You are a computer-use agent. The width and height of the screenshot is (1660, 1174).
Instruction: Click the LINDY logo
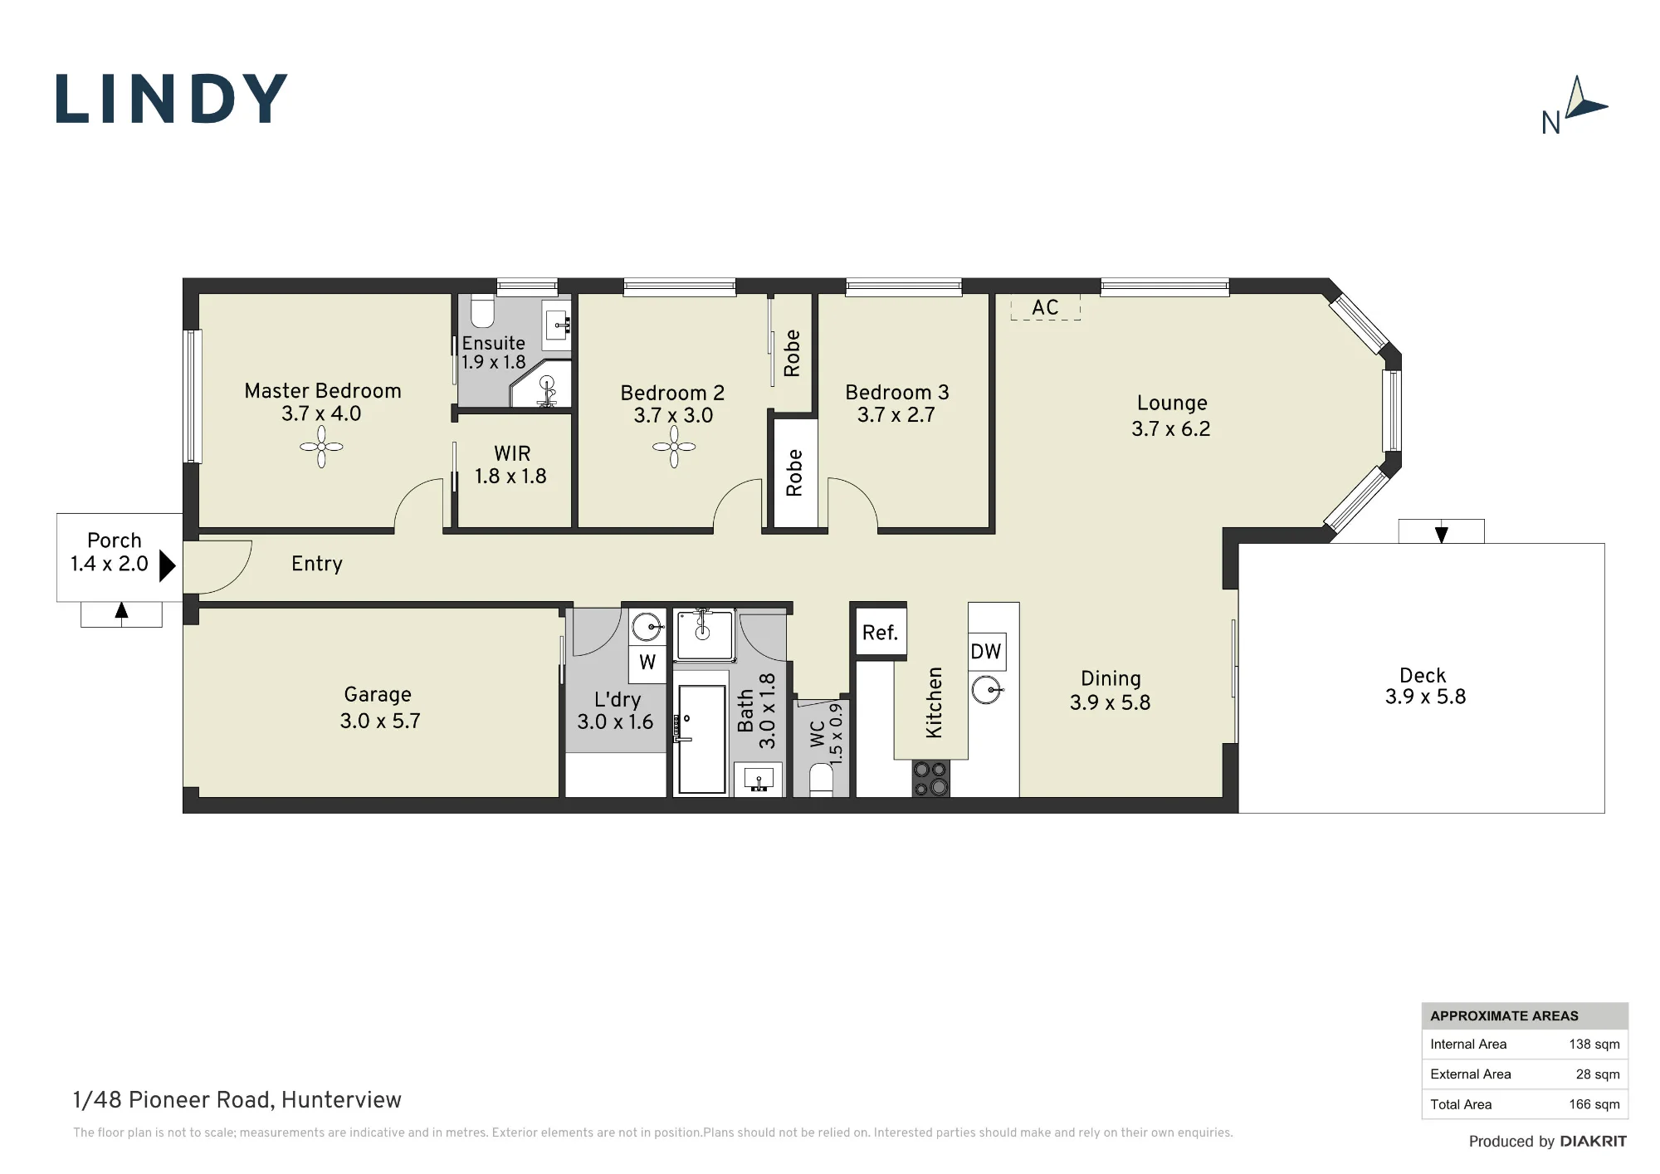(x=172, y=99)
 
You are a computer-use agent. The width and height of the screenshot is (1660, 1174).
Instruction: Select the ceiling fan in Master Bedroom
(x=321, y=447)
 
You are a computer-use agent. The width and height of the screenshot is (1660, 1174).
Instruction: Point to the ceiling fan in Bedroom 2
(x=674, y=447)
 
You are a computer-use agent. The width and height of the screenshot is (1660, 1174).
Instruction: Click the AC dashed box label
(x=1046, y=307)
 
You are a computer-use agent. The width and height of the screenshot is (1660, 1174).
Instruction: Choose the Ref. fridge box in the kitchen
(x=880, y=633)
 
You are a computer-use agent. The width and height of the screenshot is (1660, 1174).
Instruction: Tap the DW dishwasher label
(x=986, y=652)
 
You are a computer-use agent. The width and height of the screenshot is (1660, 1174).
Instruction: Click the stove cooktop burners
(x=930, y=779)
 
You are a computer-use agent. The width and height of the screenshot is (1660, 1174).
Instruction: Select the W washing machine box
(x=647, y=663)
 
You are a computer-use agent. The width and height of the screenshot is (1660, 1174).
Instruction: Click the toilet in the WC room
(x=821, y=780)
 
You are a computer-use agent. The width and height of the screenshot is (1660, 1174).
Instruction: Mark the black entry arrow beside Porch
(x=167, y=565)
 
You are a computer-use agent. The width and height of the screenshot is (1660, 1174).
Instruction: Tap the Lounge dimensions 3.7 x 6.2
(x=1171, y=429)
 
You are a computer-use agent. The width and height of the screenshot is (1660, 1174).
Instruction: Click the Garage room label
(x=378, y=695)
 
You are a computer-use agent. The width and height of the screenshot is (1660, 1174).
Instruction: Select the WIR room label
(x=512, y=453)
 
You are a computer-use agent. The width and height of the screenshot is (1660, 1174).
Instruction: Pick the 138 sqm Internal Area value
(x=1594, y=1044)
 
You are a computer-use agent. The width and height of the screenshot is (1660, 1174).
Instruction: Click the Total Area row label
(x=1461, y=1104)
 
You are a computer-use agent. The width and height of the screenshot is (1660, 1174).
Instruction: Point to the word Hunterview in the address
(x=341, y=1100)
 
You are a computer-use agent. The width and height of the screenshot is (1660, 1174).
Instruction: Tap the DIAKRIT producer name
(x=1594, y=1142)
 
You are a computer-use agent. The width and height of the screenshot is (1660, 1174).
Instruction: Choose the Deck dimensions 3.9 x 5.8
(x=1425, y=697)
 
